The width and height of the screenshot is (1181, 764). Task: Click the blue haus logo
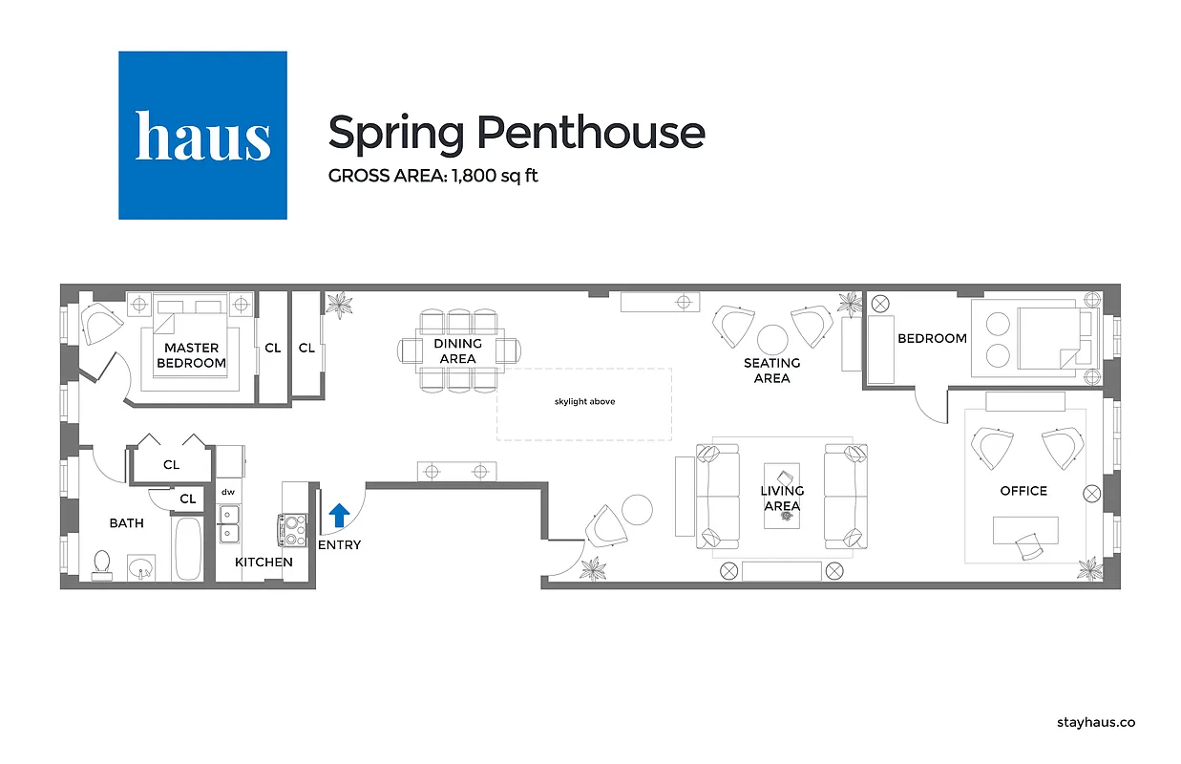[202, 136]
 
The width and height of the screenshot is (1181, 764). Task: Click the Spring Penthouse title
[516, 132]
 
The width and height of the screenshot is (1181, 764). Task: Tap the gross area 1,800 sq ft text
[432, 176]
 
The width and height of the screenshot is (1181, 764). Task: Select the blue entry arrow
[339, 517]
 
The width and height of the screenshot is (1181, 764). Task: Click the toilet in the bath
[101, 564]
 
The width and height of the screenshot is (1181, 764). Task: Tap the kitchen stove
[292, 529]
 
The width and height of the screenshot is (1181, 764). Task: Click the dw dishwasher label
[228, 493]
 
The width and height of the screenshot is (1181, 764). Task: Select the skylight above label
[584, 402]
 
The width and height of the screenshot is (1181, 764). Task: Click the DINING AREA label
[457, 350]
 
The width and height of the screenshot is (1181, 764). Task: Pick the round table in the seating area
[771, 340]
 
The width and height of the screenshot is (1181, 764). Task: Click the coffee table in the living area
[782, 497]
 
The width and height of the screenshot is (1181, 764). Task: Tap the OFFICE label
[1023, 491]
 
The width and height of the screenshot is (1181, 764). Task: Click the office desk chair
[1030, 547]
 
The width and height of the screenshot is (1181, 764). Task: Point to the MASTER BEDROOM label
[191, 355]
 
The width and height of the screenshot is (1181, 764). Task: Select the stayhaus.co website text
[1096, 723]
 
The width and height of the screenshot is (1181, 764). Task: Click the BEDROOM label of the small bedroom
[932, 338]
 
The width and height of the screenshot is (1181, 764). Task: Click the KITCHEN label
[264, 562]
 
